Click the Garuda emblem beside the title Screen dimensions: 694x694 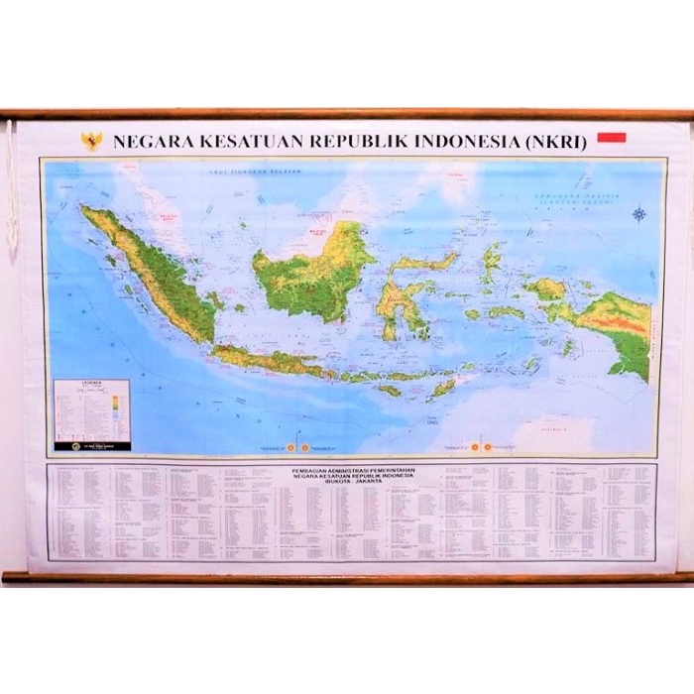pyautogui.click(x=91, y=141)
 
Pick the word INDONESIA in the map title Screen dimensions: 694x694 pyautogui.click(x=458, y=142)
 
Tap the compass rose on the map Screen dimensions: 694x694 pyautogui.click(x=639, y=213)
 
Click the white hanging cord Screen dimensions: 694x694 pyautogui.click(x=12, y=188)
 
